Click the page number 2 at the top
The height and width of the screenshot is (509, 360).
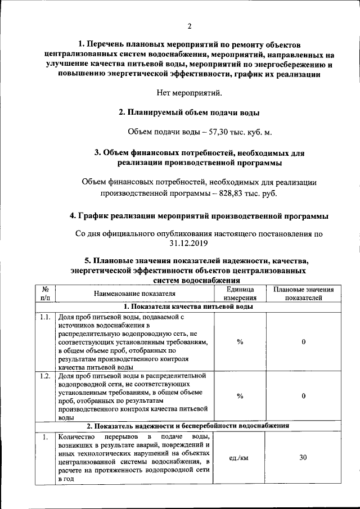click(190, 26)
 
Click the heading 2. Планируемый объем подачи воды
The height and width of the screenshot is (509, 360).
click(189, 112)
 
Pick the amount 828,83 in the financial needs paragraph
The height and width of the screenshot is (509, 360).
click(226, 193)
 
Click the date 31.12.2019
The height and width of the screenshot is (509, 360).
click(189, 243)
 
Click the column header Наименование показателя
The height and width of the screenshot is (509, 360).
click(134, 294)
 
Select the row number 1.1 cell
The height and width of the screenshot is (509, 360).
click(46, 317)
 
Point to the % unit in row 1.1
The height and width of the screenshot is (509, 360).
click(240, 343)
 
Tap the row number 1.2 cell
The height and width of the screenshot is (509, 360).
click(46, 376)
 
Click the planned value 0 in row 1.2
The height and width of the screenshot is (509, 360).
click(303, 396)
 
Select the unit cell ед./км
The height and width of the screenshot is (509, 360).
click(240, 458)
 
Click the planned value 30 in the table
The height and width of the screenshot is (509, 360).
click(303, 458)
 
